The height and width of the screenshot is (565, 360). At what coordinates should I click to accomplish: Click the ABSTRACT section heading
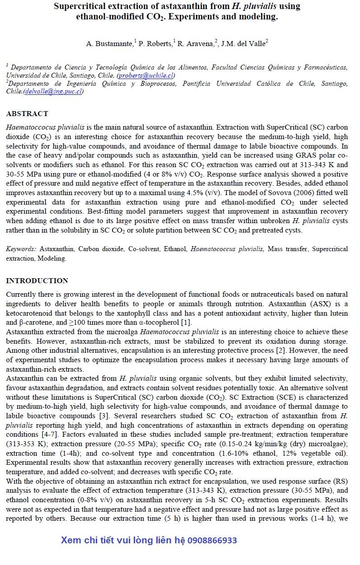(27, 113)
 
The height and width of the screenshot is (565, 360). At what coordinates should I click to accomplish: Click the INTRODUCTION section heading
(37, 281)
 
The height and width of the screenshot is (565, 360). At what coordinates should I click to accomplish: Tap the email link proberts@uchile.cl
(145, 75)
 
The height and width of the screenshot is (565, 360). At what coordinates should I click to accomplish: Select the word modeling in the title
(256, 18)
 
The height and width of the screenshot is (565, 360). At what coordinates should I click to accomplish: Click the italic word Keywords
(21, 249)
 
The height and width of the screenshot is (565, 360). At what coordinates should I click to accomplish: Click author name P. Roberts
(155, 44)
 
